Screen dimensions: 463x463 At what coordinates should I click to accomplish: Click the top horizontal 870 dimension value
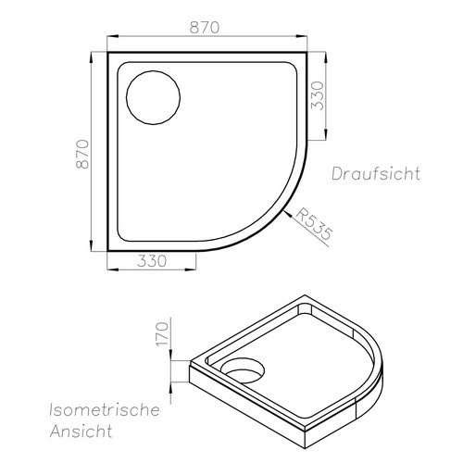[x=205, y=28]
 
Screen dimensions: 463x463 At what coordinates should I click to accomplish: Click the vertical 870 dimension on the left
[x=82, y=154]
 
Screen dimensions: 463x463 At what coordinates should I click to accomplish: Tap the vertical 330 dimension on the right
[x=318, y=95]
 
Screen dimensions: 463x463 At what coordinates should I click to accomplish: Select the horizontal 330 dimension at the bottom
[x=152, y=261]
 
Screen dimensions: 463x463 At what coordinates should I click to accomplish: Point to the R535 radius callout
[x=313, y=224]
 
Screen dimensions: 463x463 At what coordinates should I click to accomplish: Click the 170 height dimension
[x=163, y=333]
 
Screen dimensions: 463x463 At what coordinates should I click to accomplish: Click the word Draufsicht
[x=376, y=173]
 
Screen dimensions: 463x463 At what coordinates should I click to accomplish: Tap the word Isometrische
[x=105, y=410]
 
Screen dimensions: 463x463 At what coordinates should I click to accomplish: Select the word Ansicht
[x=81, y=431]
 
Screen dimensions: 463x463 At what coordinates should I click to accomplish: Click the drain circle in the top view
[x=153, y=70]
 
